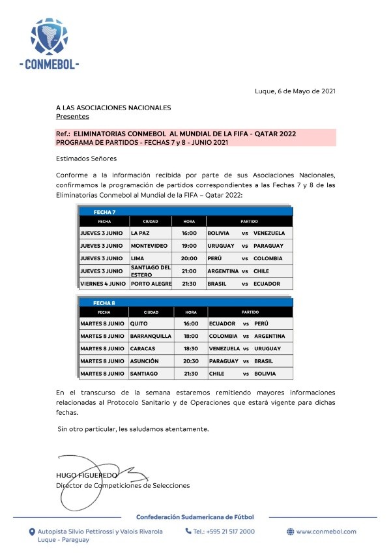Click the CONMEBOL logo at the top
[x=50, y=44]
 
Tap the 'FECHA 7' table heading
[x=104, y=212]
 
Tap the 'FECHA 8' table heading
[x=104, y=303]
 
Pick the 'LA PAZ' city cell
[x=141, y=233]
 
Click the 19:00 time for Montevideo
[x=189, y=246]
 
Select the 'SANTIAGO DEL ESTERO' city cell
[x=150, y=271]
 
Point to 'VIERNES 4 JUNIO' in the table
[x=103, y=284]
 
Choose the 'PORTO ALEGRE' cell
[x=151, y=284]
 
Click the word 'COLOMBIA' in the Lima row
[x=268, y=258]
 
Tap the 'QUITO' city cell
[x=139, y=323]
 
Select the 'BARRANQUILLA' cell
[x=151, y=336]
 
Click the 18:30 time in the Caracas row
[x=190, y=348]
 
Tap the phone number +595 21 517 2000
[x=224, y=531]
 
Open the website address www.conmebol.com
[x=326, y=531]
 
